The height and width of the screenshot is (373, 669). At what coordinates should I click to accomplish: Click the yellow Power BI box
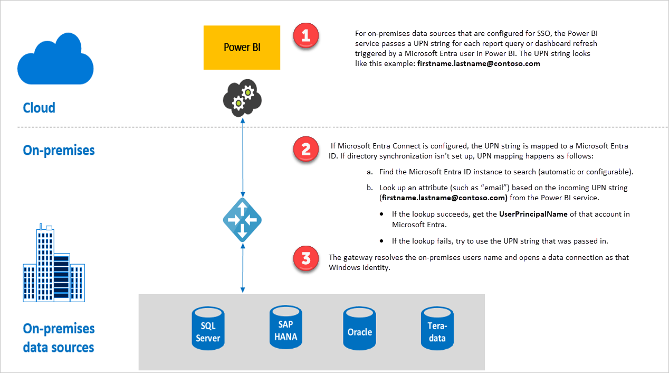[242, 48]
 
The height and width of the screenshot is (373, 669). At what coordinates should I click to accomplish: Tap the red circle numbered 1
[306, 36]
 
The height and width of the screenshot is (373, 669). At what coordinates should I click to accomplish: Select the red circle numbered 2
[306, 150]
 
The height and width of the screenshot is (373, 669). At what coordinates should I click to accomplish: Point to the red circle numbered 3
[306, 259]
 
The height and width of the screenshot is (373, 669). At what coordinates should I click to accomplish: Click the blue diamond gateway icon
[242, 219]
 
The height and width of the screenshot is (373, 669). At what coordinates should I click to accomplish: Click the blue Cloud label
[39, 108]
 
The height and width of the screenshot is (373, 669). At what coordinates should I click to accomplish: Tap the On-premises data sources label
[59, 338]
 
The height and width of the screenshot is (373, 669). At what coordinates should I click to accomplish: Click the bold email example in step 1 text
[479, 63]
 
